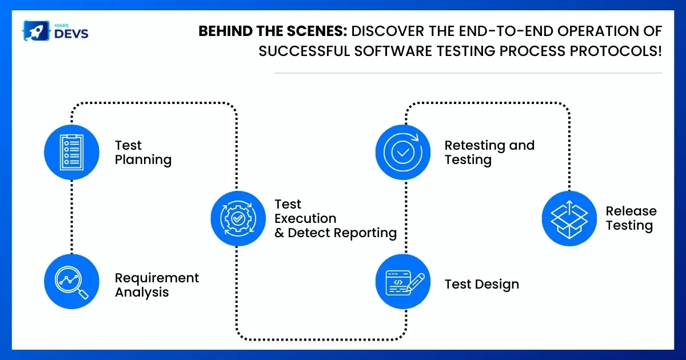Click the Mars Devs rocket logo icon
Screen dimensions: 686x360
[37, 31]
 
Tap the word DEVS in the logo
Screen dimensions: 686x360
[71, 34]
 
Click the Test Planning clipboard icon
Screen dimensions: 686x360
[71, 152]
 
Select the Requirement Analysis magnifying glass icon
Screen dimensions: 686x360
[71, 281]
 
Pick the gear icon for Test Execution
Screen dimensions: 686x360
[238, 218]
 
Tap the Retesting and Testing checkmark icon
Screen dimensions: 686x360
[403, 152]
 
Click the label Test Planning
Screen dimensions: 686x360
[143, 153]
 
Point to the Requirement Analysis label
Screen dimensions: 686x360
[157, 285]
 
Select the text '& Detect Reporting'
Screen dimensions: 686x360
[336, 233]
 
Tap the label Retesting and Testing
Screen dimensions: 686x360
[489, 153]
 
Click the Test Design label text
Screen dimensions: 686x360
[482, 285]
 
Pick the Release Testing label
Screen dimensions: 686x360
[631, 218]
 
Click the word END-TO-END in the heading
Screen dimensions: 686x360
[505, 31]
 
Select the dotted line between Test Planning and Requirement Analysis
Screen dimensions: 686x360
[71, 217]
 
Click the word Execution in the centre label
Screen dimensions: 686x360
[305, 218]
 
